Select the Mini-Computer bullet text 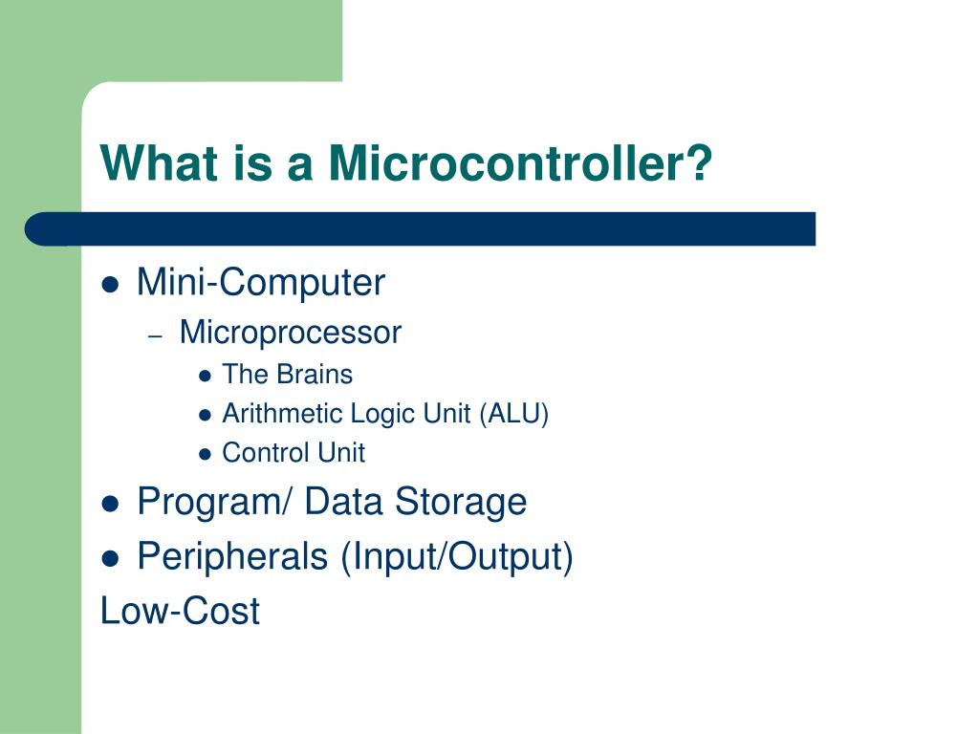click(260, 283)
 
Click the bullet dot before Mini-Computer click(111, 285)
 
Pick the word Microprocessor click(290, 333)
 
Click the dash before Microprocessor click(158, 335)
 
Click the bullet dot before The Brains click(205, 376)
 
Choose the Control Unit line click(293, 453)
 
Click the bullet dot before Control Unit click(205, 454)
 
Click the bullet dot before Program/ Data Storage click(111, 504)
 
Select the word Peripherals click(232, 556)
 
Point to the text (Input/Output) click(456, 556)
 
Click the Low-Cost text click(180, 611)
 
